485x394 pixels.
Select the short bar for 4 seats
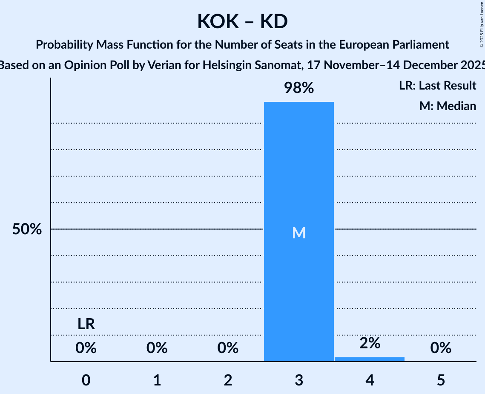point(370,359)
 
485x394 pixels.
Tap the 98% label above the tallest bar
point(299,88)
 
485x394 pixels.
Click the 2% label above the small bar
point(370,343)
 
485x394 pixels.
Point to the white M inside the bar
point(299,233)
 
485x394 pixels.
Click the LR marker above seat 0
point(86,324)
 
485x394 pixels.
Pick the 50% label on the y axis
point(27,229)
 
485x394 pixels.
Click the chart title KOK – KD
point(242,22)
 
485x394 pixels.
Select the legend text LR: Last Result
point(438,86)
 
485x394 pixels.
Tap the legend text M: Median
point(448,106)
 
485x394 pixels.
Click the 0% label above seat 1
point(157,348)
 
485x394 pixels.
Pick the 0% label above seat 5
point(441,348)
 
